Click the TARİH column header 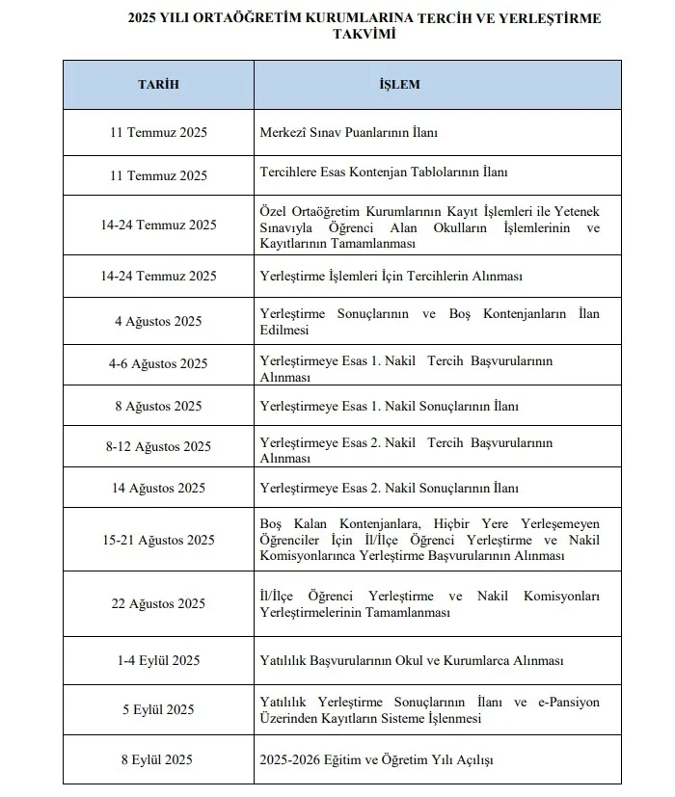(x=158, y=85)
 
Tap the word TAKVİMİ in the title (x=362, y=33)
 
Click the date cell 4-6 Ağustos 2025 (x=158, y=364)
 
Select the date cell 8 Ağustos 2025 (x=158, y=407)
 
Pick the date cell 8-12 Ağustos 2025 (x=158, y=447)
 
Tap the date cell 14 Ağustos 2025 (x=158, y=489)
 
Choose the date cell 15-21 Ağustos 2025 (x=158, y=540)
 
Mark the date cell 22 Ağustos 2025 (x=158, y=604)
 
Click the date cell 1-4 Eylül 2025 (x=158, y=660)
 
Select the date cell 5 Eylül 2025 (x=158, y=710)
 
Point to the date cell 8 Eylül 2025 (x=158, y=760)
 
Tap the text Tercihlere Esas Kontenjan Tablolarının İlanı (x=384, y=174)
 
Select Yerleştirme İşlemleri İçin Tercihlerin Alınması (x=391, y=277)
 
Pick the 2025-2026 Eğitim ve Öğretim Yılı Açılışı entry (x=376, y=760)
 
